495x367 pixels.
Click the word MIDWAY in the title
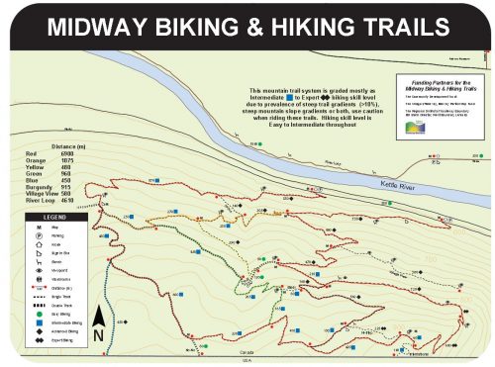point(99,26)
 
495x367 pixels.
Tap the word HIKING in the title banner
point(301,26)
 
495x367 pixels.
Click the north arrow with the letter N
point(98,322)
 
